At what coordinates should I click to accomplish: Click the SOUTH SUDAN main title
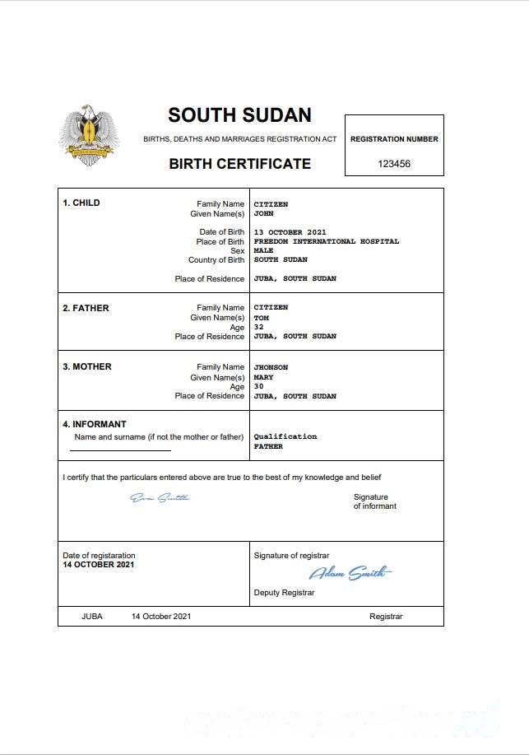click(239, 114)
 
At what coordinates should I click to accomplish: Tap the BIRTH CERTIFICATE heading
click(239, 163)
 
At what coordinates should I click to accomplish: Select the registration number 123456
click(394, 164)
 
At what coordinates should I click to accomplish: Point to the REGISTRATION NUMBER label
click(394, 139)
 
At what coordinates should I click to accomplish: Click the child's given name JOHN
click(263, 213)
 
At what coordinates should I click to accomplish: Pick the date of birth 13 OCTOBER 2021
click(290, 232)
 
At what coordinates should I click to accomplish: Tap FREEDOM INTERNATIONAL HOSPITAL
click(326, 241)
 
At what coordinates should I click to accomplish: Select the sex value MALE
click(263, 250)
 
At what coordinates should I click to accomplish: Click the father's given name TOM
click(261, 317)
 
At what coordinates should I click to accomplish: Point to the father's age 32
click(258, 327)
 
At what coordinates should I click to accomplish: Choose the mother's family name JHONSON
click(271, 367)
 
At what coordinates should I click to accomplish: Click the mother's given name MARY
click(263, 377)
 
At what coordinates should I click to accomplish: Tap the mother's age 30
click(258, 386)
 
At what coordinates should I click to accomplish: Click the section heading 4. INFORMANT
click(95, 425)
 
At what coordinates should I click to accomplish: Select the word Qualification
click(285, 436)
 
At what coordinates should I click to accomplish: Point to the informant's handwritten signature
click(160, 497)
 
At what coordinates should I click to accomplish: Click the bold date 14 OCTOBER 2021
click(98, 565)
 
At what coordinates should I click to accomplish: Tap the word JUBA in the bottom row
click(92, 617)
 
